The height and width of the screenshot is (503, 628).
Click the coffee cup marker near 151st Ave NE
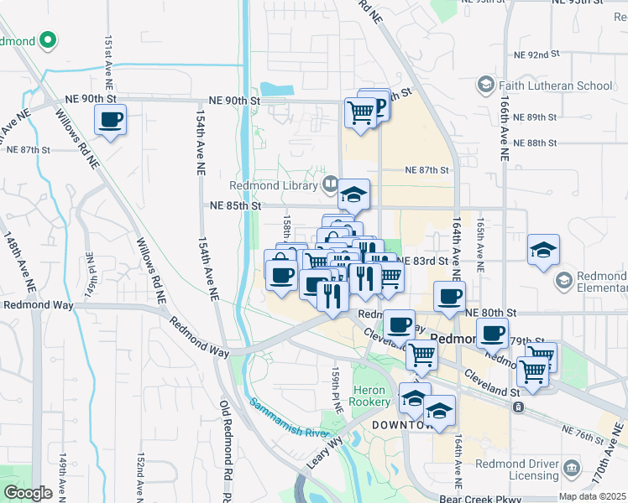pos(110,119)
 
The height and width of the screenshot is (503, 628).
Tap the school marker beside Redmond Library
pos(354,194)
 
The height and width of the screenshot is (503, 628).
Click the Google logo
pos(28,492)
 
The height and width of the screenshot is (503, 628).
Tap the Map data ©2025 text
pos(592,496)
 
